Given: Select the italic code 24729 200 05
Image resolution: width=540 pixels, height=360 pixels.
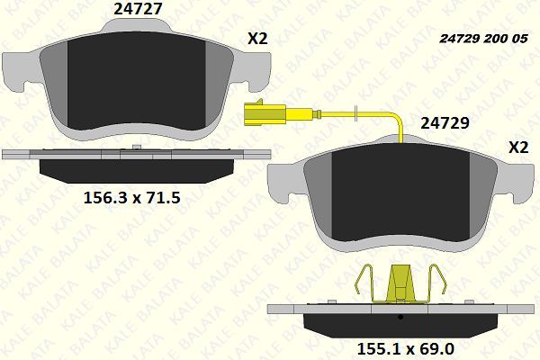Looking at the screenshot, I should tap(483, 39).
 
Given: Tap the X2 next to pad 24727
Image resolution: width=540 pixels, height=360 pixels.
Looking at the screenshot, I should tap(258, 39).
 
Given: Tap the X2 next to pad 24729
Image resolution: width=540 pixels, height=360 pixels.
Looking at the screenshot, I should tap(518, 148).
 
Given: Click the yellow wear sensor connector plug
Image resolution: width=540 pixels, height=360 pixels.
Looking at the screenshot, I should tap(263, 114).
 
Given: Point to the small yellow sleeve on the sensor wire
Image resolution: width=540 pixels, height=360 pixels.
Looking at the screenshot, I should tap(355, 113).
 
